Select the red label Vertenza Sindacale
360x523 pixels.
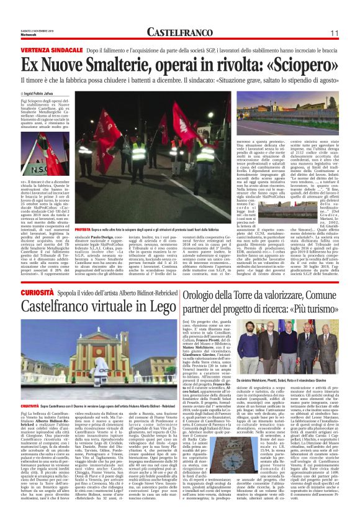click(51, 49)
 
